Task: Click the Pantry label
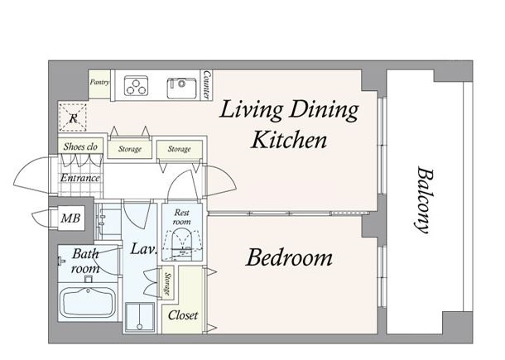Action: point(99,82)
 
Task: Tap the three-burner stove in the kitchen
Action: point(136,85)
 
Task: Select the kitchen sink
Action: point(181,88)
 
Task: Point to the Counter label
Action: point(206,85)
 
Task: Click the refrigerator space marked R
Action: point(73,118)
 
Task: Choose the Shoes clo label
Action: point(80,146)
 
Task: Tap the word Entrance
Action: point(79,178)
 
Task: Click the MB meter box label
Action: point(70,218)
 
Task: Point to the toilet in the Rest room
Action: point(181,244)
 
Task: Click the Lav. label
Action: point(144,248)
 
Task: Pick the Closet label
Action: point(183,315)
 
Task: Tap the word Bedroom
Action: point(289,257)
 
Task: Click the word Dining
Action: point(324,110)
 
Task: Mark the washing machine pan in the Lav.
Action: point(139,317)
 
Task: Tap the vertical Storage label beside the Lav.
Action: point(167,283)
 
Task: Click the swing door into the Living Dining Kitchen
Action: point(221,180)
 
